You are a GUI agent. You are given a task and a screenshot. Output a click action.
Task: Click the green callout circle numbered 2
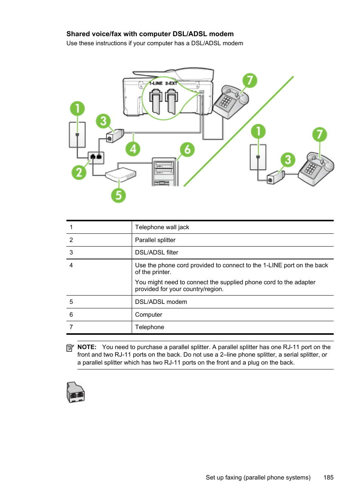point(79,172)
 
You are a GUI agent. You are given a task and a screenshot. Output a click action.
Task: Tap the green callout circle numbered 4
point(133,149)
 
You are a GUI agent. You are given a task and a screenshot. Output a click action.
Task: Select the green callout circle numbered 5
point(118,195)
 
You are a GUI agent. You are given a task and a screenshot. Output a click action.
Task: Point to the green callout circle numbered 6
point(187,150)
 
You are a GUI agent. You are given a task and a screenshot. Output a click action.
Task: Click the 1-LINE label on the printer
point(156,83)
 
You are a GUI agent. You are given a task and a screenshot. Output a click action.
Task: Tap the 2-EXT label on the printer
point(171,83)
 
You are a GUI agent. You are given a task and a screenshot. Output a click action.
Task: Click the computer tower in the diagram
point(165,172)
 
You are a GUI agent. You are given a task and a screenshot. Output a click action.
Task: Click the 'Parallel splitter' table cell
point(155,240)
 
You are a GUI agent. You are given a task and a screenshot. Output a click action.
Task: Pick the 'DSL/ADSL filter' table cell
point(157,253)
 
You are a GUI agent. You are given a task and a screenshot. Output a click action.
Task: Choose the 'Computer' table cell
point(149,315)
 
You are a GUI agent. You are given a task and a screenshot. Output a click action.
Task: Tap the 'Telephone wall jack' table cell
point(162,227)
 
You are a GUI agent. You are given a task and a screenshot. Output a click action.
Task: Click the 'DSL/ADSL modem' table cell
point(161,302)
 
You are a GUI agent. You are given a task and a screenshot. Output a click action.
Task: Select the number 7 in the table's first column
point(71,327)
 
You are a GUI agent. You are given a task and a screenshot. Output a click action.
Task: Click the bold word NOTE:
point(87,347)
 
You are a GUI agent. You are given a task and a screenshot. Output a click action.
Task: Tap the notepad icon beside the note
point(70,348)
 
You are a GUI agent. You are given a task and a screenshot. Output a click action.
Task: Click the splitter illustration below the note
point(76,392)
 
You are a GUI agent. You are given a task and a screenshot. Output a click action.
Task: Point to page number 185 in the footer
point(328,478)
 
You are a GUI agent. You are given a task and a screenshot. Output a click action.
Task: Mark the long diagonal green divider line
point(238,131)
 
